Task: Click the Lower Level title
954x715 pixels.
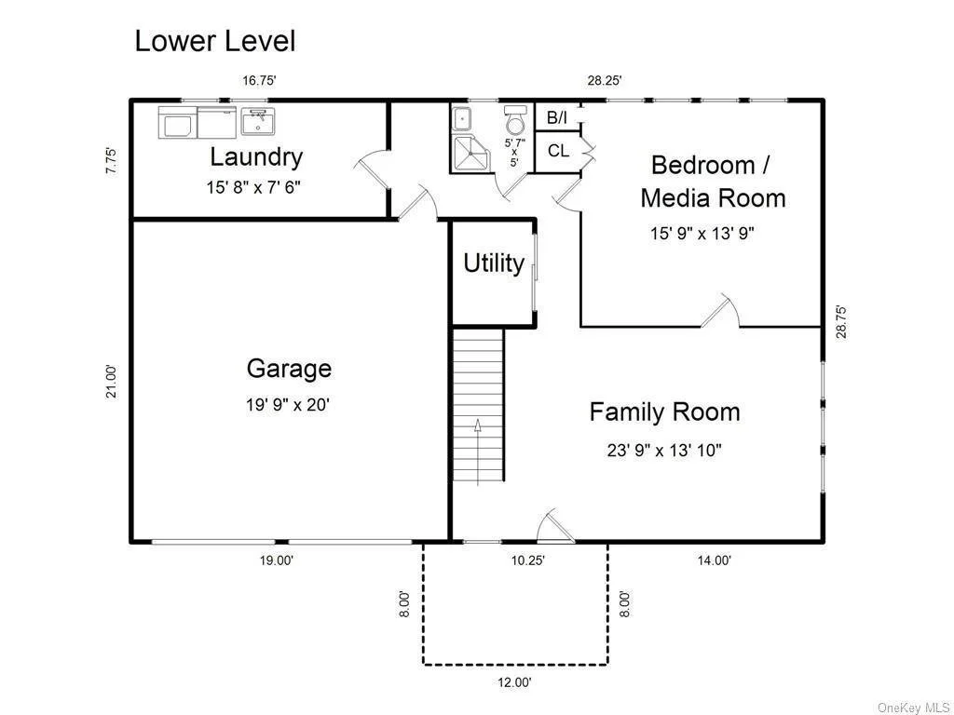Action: [x=215, y=41]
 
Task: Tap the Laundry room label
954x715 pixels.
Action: [x=256, y=156]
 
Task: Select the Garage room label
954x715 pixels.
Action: [x=289, y=369]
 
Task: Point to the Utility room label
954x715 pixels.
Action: [x=494, y=263]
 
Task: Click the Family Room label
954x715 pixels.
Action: [x=664, y=411]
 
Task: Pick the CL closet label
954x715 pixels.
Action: [x=558, y=150]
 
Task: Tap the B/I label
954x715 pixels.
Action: [x=557, y=117]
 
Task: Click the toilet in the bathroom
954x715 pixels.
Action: [x=515, y=119]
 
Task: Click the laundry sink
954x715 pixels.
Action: [x=258, y=122]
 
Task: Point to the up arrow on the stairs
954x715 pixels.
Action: [x=478, y=452]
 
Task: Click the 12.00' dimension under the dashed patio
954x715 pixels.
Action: [x=514, y=682]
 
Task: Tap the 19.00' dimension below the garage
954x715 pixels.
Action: [x=277, y=560]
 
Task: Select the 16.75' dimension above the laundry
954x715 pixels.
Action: [x=260, y=80]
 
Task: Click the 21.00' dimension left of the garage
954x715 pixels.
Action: [x=112, y=381]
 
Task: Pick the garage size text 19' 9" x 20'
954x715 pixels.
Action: [x=288, y=404]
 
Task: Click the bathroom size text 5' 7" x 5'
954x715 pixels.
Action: [x=514, y=152]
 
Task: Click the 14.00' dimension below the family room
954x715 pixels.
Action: [x=715, y=560]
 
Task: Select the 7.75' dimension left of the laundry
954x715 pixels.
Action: [x=112, y=161]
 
